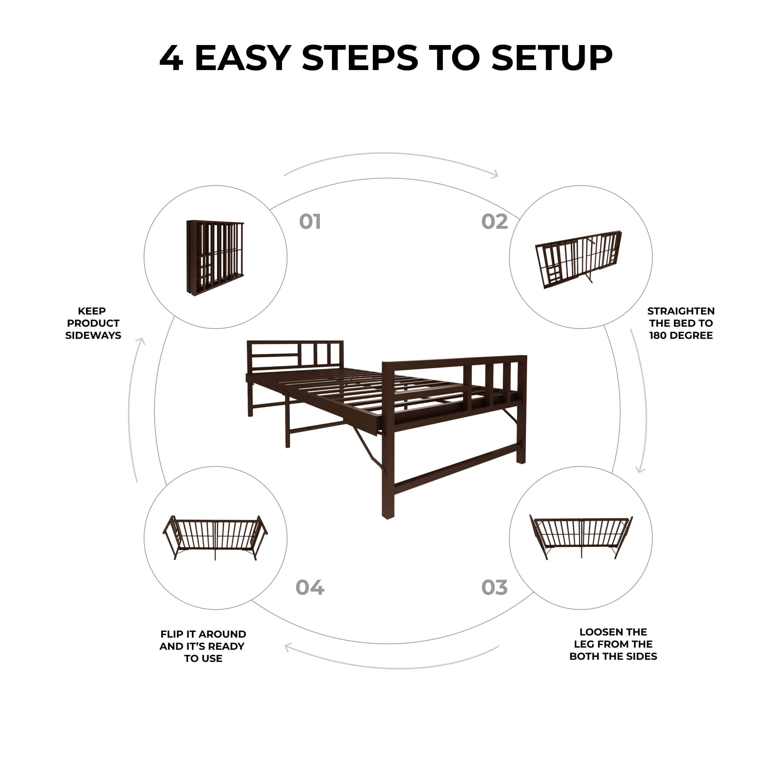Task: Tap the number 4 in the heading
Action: pos(171,58)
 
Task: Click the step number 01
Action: pos(310,222)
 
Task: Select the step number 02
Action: pos(494,222)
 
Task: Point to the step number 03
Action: pos(494,587)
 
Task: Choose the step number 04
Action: pos(310,587)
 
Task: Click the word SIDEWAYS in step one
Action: pos(93,335)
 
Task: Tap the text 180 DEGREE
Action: pos(681,335)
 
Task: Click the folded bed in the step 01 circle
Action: pos(215,258)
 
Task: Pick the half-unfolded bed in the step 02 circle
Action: pos(579,259)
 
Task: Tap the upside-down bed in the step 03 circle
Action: pos(581,536)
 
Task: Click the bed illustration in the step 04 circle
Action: pos(215,538)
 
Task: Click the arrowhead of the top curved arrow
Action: pos(495,174)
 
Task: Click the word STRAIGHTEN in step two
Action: pos(681,311)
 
